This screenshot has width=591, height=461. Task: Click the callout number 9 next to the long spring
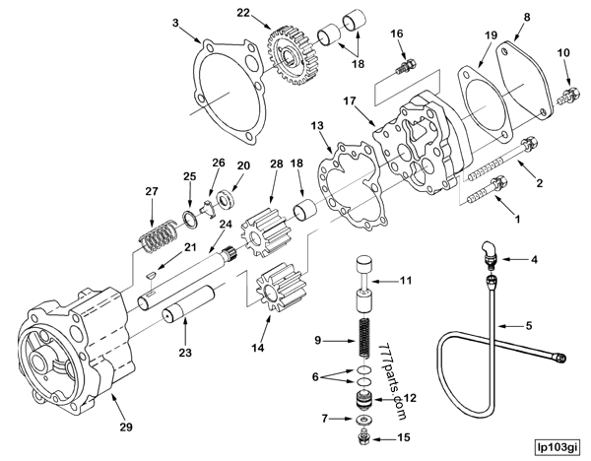coord(318,340)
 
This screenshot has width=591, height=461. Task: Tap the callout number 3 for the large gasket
coord(175,21)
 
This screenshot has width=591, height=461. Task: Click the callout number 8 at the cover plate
coord(554,17)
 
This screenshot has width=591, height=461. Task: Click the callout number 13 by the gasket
coord(316,125)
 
